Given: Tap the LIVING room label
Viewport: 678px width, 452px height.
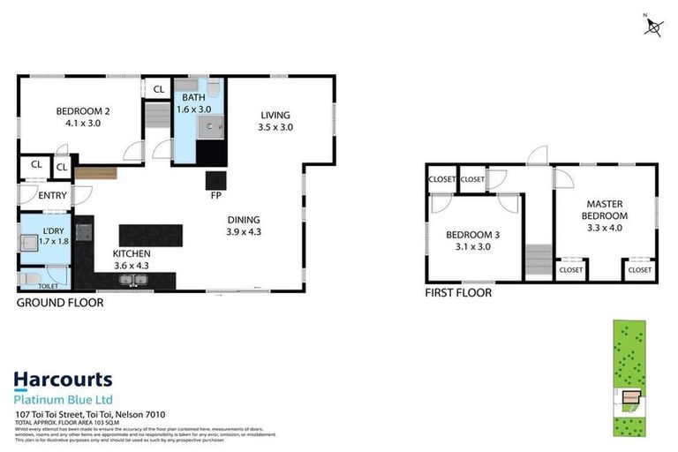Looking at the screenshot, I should pos(275,115).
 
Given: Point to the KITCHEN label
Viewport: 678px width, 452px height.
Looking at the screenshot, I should pos(132,253).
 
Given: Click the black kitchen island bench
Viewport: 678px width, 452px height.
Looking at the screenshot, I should pos(151,235).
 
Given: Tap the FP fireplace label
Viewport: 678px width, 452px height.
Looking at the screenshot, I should pos(215,197).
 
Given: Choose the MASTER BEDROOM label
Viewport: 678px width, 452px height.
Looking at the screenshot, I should pos(606,210).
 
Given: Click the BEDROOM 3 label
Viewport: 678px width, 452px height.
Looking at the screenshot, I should pos(473,235).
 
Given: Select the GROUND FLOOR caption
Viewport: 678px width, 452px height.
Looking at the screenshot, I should pos(60,303).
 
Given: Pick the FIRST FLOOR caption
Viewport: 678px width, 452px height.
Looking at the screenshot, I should pos(458,293).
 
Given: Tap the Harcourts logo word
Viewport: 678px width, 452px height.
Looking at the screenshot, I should pos(63,380).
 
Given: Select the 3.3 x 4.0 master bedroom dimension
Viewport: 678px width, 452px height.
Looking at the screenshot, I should pos(606,227).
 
